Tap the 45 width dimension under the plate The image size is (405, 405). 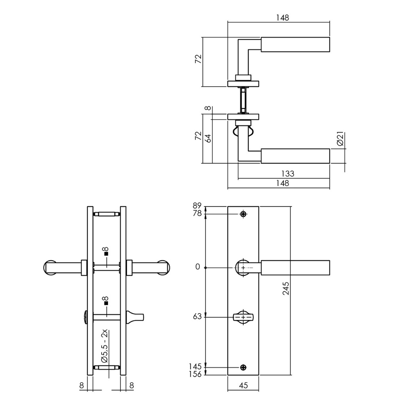click(x=243, y=385)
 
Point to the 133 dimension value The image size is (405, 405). click(x=288, y=174)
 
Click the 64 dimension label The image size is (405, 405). click(x=208, y=138)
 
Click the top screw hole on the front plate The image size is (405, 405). click(x=243, y=214)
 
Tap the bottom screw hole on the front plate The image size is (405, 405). click(x=243, y=367)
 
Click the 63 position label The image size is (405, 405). click(x=198, y=317)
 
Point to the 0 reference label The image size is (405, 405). click(x=198, y=267)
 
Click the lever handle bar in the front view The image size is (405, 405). click(x=295, y=267)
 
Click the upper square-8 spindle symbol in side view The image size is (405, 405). click(x=106, y=250)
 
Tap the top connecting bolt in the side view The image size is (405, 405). click(x=106, y=214)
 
